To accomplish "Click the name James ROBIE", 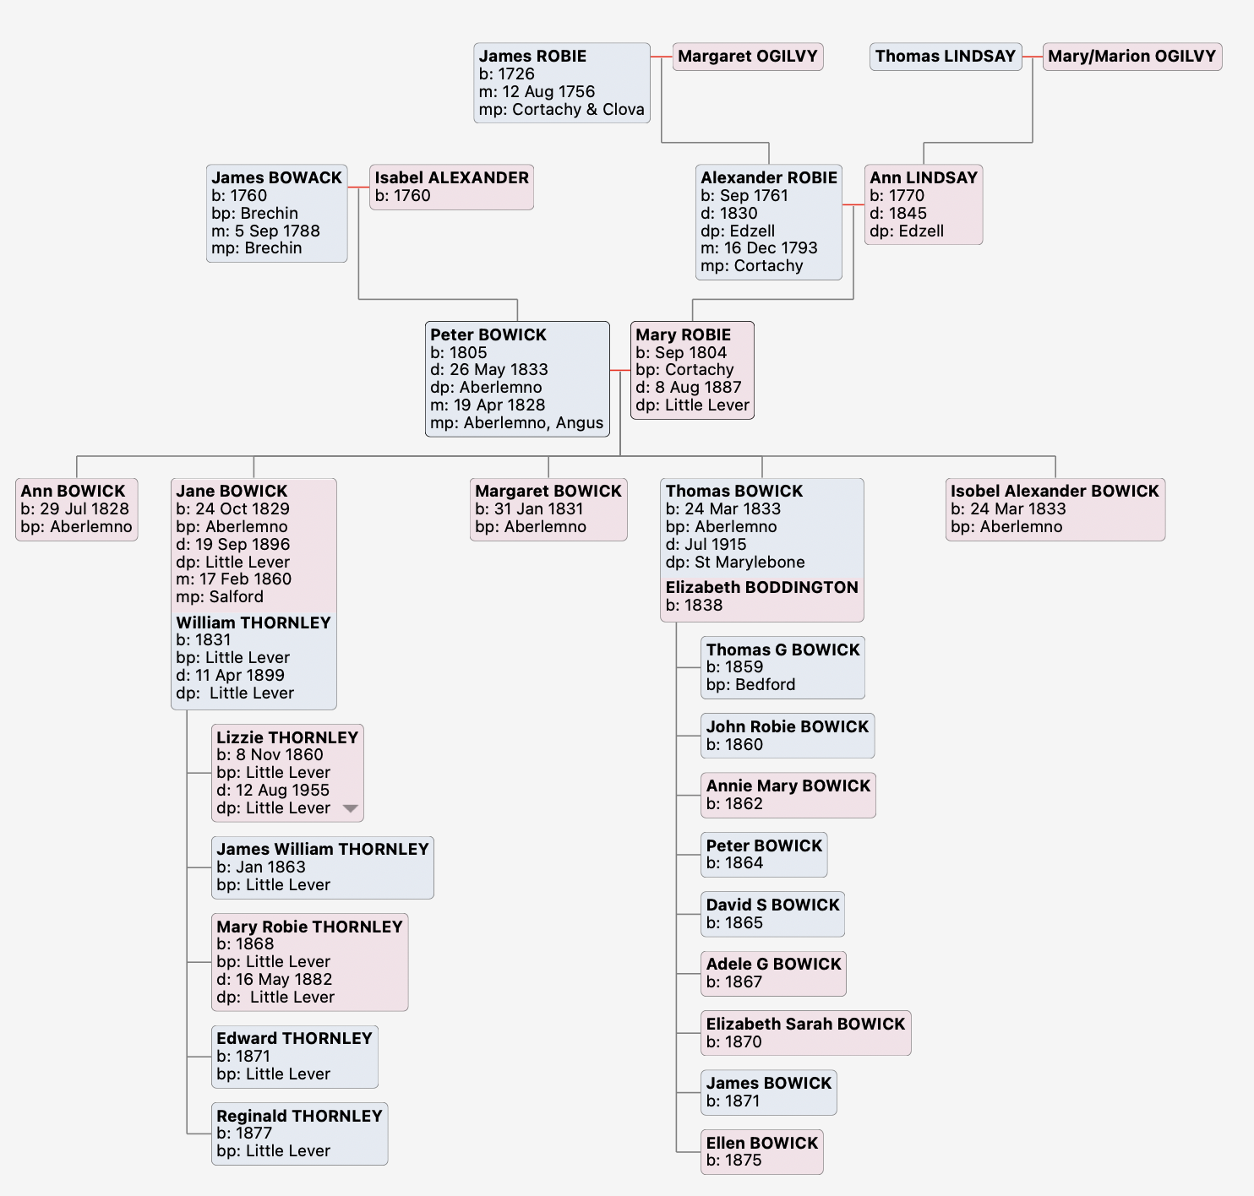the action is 532,57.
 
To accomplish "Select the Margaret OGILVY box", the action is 748,57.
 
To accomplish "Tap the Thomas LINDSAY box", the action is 946,57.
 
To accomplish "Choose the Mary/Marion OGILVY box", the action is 1131,57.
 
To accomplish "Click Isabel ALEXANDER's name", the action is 451,178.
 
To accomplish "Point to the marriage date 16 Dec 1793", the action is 759,248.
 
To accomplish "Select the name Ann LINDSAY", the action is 924,178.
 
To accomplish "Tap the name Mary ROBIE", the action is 683,335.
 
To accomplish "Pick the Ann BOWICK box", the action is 76,508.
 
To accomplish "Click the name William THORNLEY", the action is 254,623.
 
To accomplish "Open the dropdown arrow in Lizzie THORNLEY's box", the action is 350,808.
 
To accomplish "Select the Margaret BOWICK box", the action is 548,508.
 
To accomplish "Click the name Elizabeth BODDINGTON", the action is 761,588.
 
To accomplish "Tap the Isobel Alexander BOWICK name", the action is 1055,492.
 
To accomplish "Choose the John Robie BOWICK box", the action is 788,736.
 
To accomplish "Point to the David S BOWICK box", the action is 772,914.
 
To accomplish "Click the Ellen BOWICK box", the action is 762,1152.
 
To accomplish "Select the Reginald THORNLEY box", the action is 299,1133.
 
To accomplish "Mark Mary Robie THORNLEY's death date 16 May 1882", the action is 275,980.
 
